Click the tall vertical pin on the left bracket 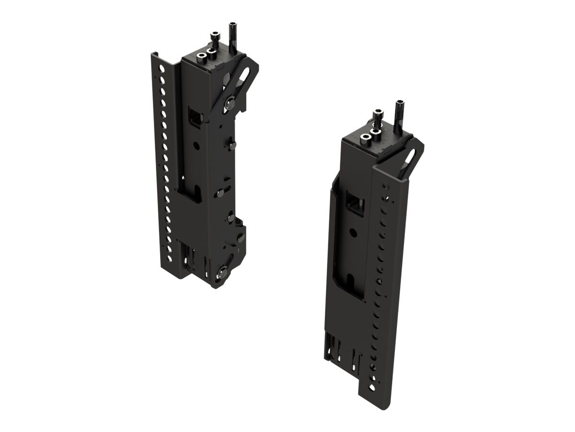tap(232, 36)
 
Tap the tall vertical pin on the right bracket tap(398, 115)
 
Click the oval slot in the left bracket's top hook tap(243, 76)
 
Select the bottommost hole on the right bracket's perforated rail tap(371, 386)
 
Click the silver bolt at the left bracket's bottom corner tap(222, 272)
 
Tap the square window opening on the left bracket tap(195, 117)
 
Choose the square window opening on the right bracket tap(355, 203)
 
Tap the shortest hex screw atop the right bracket tap(365, 138)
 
